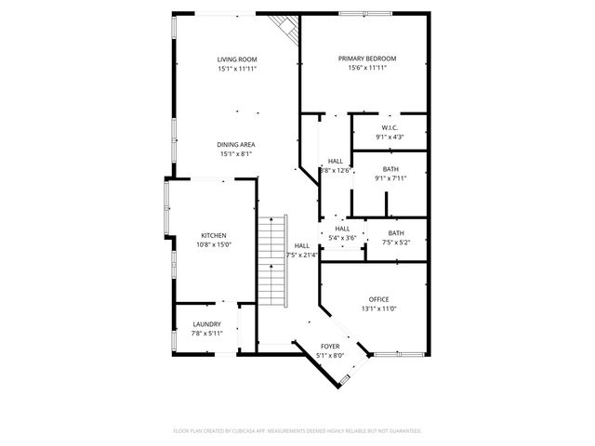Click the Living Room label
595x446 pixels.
pos(236,59)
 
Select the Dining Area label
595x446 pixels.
pos(236,145)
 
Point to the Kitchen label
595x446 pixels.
pos(213,236)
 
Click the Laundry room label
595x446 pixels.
pos(206,324)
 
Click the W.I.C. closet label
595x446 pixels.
pos(390,128)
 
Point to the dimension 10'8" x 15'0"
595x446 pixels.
pos(213,244)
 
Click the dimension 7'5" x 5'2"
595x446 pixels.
pos(396,242)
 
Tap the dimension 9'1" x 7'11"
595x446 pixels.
pos(390,177)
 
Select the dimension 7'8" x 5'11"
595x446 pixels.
pos(206,333)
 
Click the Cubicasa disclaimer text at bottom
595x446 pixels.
pos(297,431)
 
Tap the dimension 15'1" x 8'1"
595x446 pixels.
pos(236,154)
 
